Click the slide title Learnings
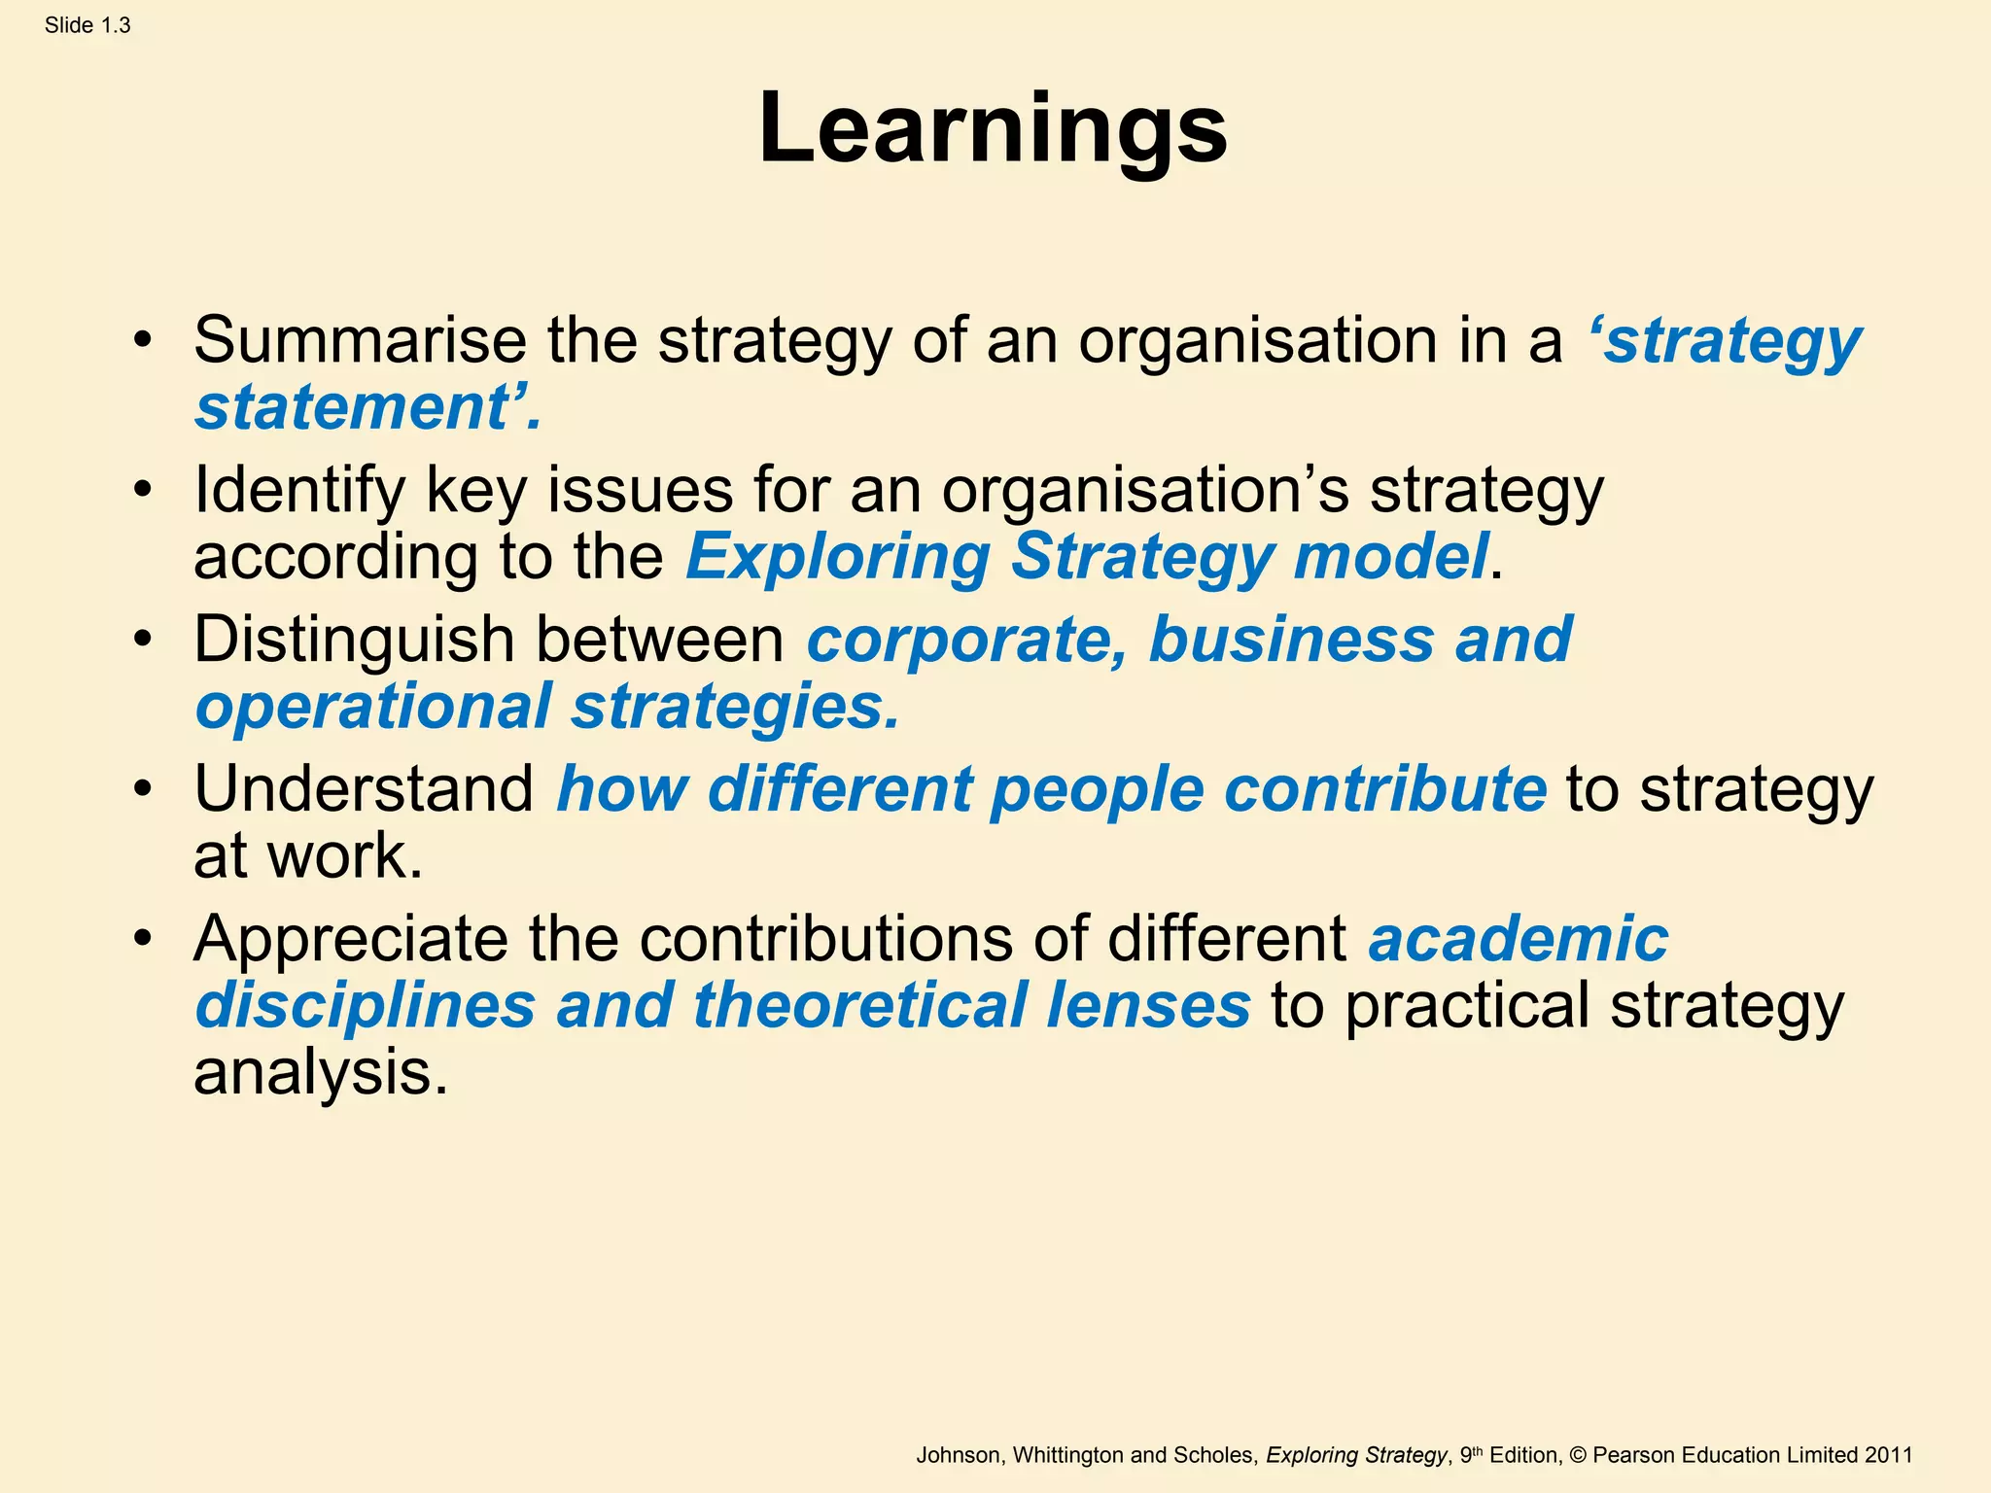click(993, 129)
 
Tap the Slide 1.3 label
click(87, 26)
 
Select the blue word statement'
click(367, 407)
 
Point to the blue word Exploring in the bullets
click(837, 557)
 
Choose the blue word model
click(1391, 557)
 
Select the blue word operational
click(373, 707)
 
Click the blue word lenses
click(1148, 1006)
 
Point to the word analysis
click(321, 1073)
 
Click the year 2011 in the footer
click(1888, 1455)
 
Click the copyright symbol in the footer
click(1578, 1455)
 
